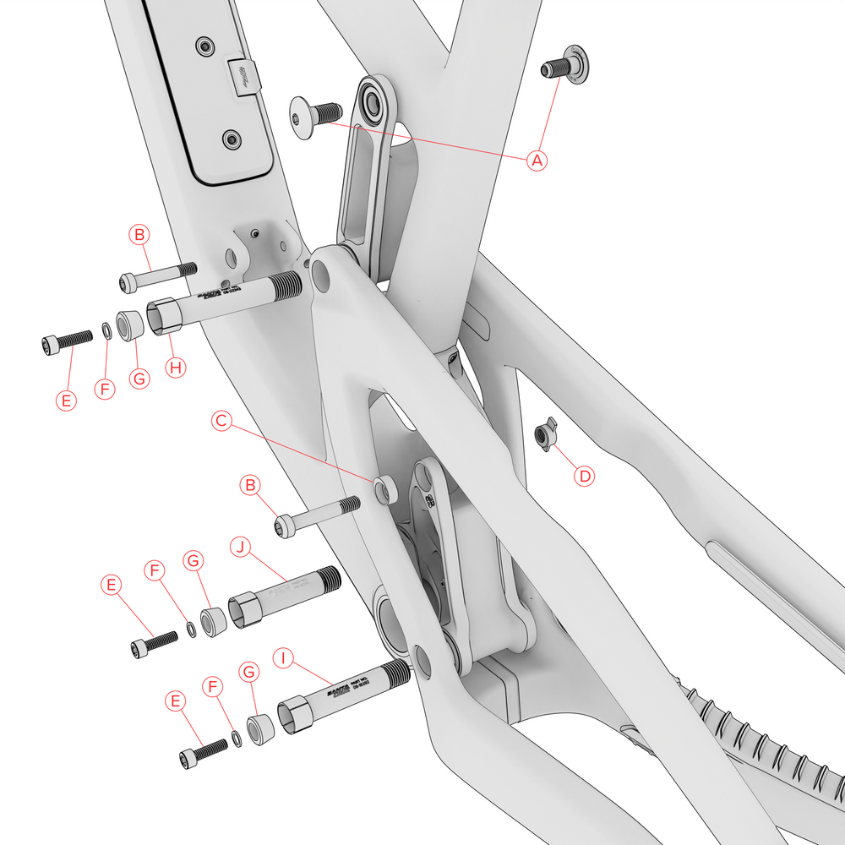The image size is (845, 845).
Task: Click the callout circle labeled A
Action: pos(537,160)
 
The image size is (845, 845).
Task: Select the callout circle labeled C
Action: pos(221,420)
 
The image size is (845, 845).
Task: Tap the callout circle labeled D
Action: pos(584,475)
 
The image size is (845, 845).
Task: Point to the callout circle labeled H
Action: pos(175,368)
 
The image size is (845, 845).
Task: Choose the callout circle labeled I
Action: pos(284,657)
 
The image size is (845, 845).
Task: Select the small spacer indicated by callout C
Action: pos(384,489)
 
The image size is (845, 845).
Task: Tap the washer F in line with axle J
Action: pos(191,630)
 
